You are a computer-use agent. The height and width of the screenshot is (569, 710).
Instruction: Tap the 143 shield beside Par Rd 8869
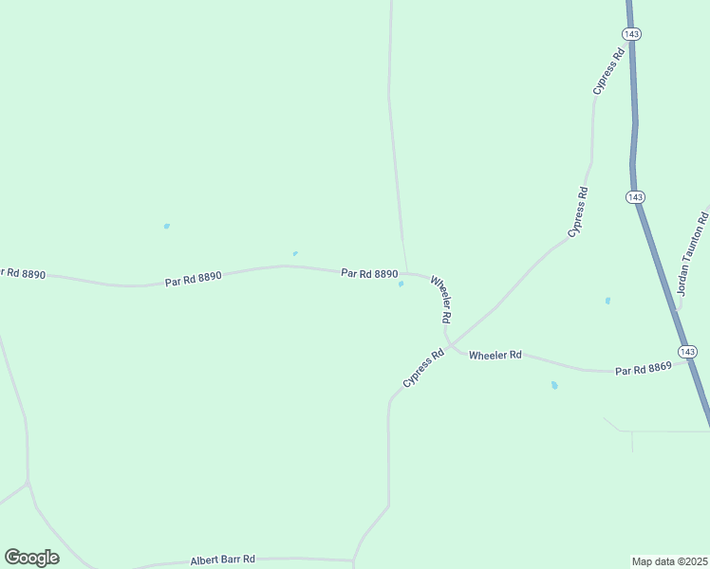click(688, 352)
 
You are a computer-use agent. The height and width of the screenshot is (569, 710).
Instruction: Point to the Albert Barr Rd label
click(223, 560)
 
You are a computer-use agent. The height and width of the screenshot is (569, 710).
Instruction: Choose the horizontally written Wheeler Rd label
click(495, 355)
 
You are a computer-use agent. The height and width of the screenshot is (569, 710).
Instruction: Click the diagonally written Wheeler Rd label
click(440, 300)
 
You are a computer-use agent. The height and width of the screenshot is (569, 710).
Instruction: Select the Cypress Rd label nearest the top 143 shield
click(608, 70)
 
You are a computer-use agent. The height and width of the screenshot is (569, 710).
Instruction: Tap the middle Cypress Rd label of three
click(578, 211)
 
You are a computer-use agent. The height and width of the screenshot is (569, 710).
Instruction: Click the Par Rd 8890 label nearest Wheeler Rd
click(369, 273)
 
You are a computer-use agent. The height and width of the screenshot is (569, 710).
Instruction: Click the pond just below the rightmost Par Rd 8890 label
click(401, 284)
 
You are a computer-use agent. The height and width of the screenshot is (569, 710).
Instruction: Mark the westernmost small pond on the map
click(167, 226)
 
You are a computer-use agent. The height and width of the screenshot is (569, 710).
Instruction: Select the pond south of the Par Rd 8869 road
click(554, 386)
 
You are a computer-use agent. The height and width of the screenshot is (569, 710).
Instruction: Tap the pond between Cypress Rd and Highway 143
click(607, 301)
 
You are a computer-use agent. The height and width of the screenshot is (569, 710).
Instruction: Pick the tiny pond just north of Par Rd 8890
click(295, 253)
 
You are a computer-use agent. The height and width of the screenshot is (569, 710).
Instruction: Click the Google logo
click(32, 557)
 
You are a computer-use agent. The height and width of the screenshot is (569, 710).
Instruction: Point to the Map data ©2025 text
click(670, 561)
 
